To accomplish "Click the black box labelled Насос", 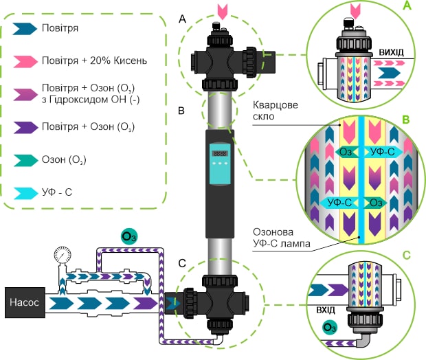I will click(24, 302).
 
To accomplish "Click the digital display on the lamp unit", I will click(220, 153).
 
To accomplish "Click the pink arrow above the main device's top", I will click(220, 10).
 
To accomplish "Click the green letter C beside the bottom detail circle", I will click(406, 256).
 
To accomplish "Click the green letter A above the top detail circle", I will click(406, 7).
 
